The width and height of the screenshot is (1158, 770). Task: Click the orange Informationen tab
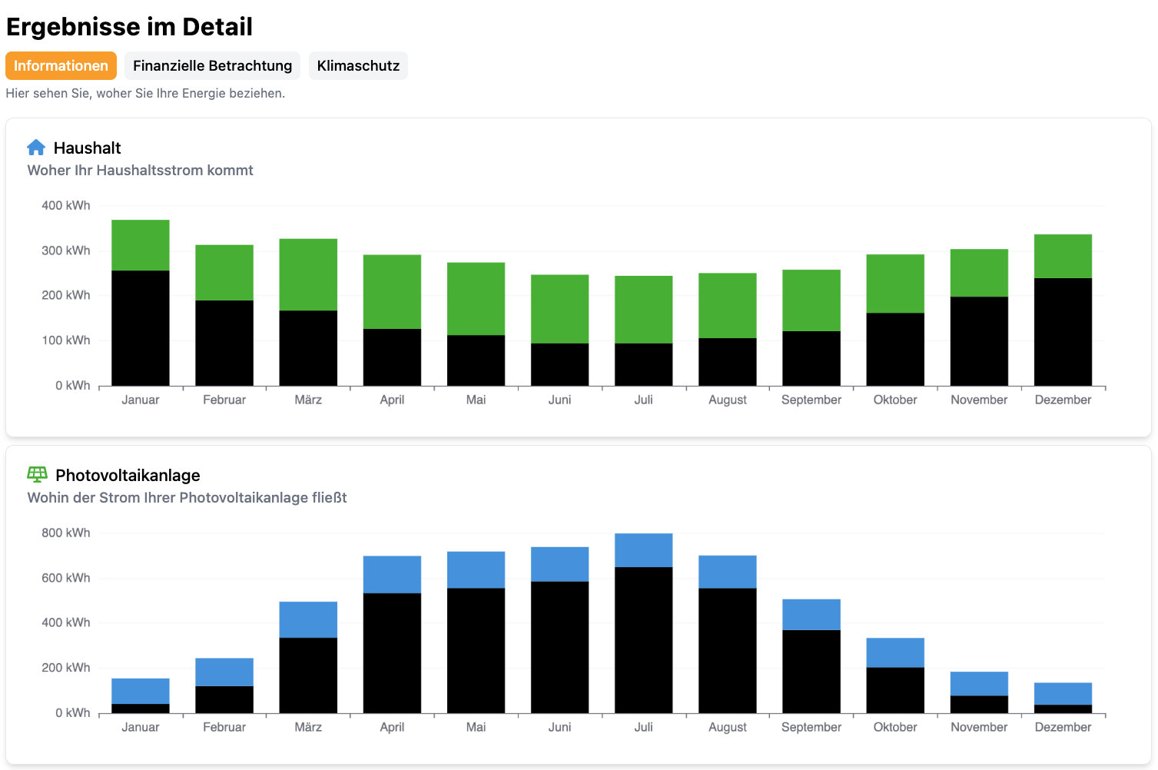click(x=61, y=66)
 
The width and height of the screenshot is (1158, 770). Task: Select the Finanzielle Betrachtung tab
click(x=212, y=66)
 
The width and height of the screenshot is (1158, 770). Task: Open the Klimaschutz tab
click(x=358, y=66)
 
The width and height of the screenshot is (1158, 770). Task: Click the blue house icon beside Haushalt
click(x=36, y=148)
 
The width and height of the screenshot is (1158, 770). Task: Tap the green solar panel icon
click(x=37, y=475)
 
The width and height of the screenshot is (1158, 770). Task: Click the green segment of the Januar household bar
click(x=141, y=245)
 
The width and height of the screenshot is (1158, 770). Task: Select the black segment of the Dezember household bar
click(x=1063, y=331)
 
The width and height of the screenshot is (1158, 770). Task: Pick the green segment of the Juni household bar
click(x=559, y=309)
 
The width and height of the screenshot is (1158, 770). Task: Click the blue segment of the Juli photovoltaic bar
click(x=643, y=550)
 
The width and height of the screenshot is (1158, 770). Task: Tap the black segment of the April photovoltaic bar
click(x=392, y=652)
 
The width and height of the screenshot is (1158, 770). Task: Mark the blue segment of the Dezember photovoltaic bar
click(x=1063, y=693)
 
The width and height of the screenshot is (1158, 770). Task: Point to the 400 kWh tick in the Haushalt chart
click(x=66, y=206)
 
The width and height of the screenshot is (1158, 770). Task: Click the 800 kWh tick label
click(x=66, y=533)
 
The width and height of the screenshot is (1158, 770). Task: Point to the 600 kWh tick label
click(x=66, y=578)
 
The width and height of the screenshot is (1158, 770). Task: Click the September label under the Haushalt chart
click(x=811, y=400)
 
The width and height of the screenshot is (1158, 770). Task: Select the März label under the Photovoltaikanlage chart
click(x=308, y=727)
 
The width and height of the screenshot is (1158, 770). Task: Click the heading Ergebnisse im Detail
click(x=129, y=27)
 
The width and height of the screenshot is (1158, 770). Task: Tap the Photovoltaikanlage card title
click(x=128, y=475)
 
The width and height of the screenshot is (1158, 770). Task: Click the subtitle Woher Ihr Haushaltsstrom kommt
click(x=140, y=171)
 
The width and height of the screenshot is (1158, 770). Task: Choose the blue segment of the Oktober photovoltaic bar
click(x=895, y=652)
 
